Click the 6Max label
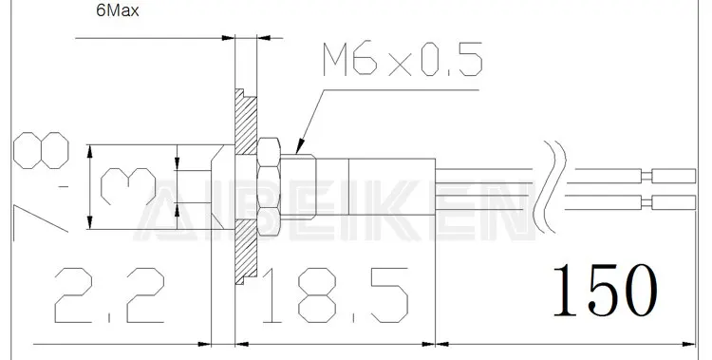118,10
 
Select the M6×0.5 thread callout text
403,59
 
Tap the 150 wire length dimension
605,291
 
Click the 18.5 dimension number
335,295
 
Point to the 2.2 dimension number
109,295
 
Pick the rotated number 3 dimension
128,186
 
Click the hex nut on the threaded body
269,187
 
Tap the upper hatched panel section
246,122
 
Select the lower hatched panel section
246,252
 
